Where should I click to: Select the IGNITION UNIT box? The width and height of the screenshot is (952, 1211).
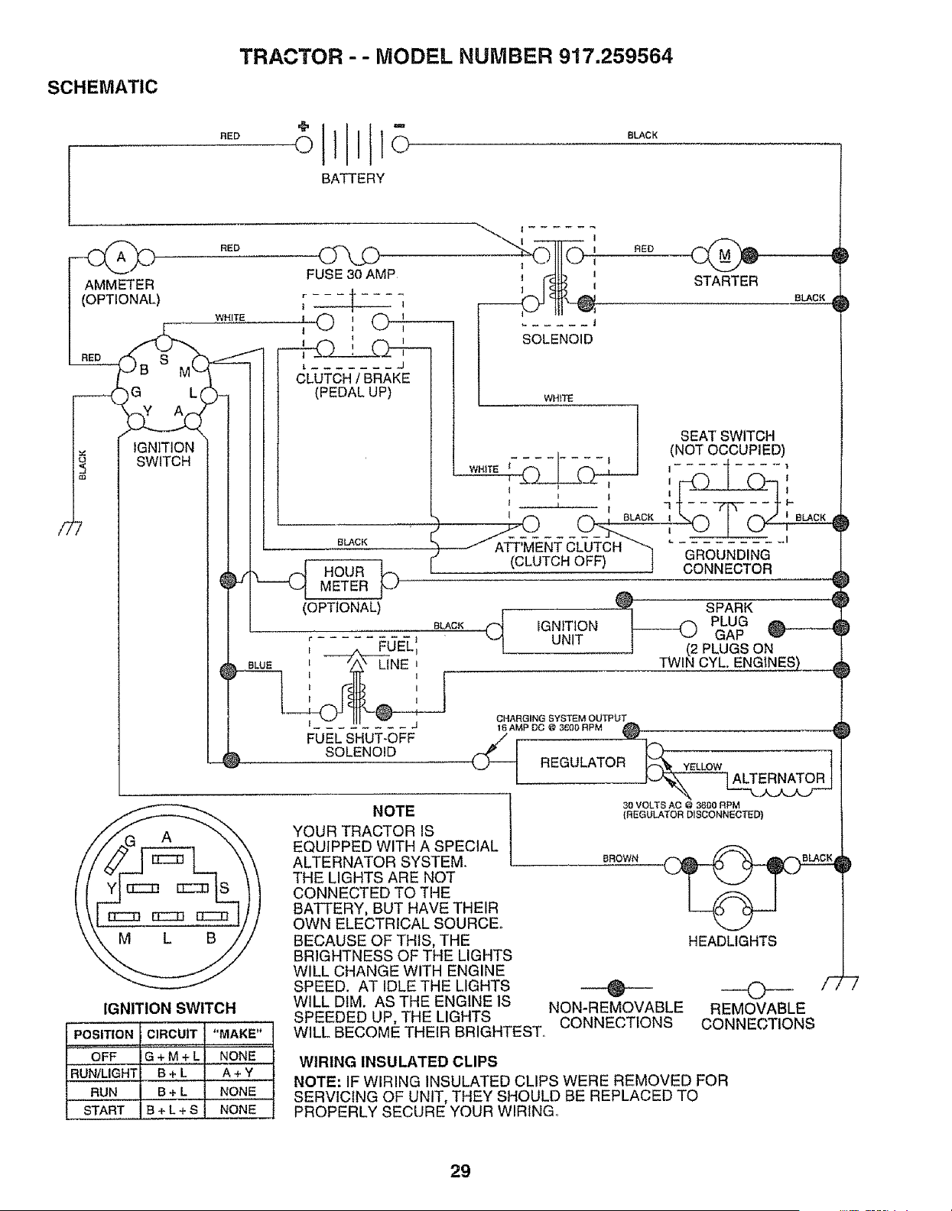567,631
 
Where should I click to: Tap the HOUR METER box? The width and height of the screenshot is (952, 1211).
343,579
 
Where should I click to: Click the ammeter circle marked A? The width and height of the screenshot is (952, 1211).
121,257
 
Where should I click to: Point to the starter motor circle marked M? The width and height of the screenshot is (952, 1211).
724,255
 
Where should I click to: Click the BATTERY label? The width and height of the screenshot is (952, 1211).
353,178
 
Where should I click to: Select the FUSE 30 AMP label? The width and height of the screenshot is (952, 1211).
351,274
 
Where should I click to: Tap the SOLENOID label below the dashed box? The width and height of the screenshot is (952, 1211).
557,339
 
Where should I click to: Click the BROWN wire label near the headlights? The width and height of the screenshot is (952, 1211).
620,859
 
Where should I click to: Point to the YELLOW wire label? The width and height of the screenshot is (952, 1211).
702,767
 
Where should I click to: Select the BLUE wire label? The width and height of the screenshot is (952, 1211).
260,665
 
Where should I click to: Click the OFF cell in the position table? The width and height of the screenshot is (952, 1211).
103,1057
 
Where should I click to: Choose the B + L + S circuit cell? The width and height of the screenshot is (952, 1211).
172,1109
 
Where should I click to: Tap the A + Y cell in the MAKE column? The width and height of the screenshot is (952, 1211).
238,1073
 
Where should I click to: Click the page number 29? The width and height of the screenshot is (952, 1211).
460,1171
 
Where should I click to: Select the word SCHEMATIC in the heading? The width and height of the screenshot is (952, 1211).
102,87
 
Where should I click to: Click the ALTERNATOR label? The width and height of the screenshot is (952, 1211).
778,778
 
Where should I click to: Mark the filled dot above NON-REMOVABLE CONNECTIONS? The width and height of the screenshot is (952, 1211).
616,988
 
